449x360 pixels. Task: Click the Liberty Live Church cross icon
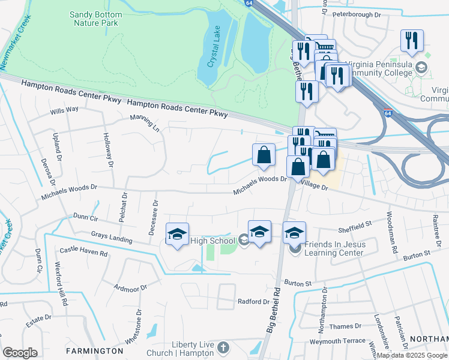pyautogui.click(x=223, y=348)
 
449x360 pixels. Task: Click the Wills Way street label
pyautogui.click(x=64, y=110)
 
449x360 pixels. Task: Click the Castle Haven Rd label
pyautogui.click(x=83, y=253)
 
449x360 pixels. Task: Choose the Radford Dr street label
pyautogui.click(x=254, y=301)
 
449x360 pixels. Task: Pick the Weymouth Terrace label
pyautogui.click(x=337, y=340)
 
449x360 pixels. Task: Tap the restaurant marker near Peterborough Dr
pyautogui.click(x=412, y=41)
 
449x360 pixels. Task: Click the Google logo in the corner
pyautogui.click(x=20, y=353)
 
